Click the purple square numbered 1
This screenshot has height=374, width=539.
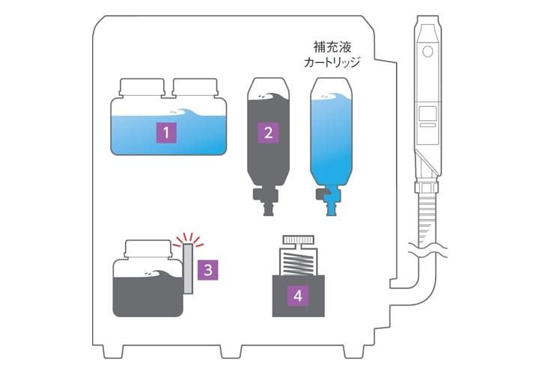(166, 132)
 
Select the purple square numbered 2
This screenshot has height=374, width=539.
(268, 132)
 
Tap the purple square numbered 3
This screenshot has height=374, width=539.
(208, 270)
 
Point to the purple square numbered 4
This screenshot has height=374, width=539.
(298, 295)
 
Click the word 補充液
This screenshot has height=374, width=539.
(332, 47)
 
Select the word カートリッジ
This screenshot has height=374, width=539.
(332, 63)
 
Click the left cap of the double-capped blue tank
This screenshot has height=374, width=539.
(141, 88)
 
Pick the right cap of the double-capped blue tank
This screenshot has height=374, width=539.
(195, 88)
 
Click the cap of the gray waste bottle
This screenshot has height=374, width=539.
(147, 249)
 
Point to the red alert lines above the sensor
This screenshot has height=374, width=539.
(188, 239)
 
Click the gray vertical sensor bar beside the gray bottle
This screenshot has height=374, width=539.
(189, 269)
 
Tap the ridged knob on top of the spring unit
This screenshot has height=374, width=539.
(298, 239)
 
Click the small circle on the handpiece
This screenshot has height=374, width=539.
(427, 52)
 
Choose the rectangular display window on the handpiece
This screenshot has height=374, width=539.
(428, 113)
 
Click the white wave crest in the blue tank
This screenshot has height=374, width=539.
(182, 113)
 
